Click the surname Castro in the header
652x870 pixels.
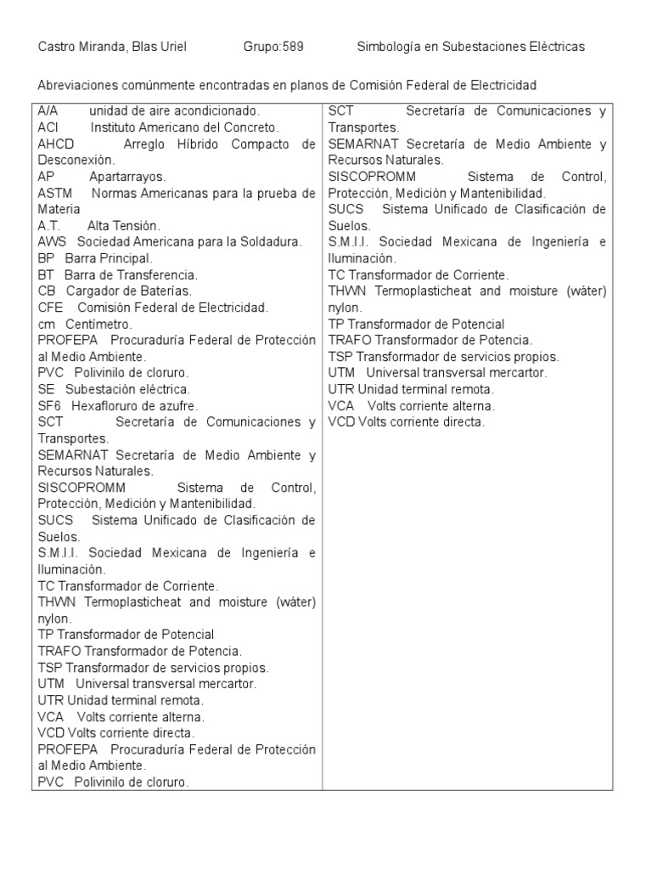[57, 47]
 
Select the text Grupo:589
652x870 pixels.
[273, 47]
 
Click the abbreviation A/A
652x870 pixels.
[48, 111]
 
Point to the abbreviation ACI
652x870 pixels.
[48, 127]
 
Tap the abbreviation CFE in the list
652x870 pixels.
[50, 307]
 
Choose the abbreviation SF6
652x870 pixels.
[50, 405]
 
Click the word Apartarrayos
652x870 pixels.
[128, 176]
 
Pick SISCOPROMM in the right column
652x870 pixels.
[371, 177]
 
